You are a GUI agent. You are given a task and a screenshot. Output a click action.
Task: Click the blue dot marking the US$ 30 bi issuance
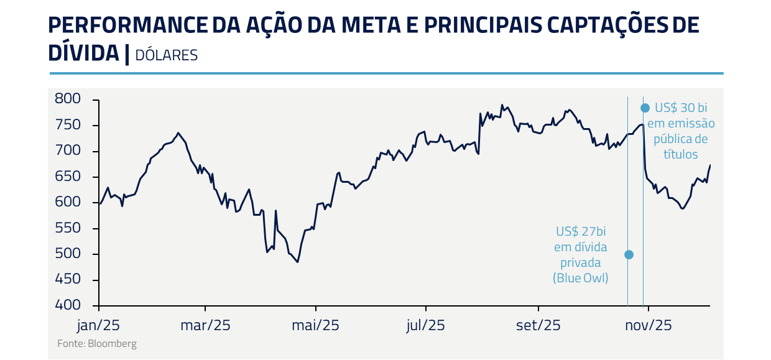tap(645, 108)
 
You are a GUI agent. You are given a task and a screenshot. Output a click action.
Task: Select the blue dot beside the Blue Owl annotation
tap(629, 254)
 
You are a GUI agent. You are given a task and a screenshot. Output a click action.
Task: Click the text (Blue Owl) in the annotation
tap(581, 279)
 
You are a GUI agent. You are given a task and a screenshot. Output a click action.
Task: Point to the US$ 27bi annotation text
tap(581, 232)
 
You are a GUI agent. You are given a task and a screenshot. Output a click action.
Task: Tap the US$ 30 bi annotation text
tap(681, 108)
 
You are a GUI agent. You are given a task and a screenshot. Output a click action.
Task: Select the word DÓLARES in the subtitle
tap(166, 55)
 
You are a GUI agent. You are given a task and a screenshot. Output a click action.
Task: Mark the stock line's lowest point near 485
tap(298, 262)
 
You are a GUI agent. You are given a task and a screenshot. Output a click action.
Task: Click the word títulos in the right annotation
tap(680, 154)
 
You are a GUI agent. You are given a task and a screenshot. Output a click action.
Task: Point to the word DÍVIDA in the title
tap(83, 53)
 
